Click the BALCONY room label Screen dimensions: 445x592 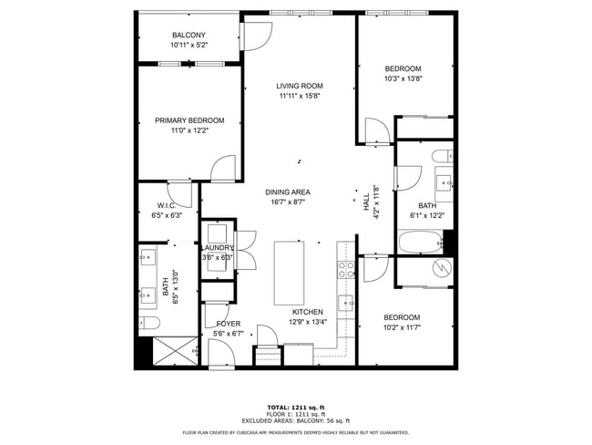[188, 35]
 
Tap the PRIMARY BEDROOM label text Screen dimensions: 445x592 [189, 120]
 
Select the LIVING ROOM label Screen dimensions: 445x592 [300, 87]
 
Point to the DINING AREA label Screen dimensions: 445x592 [288, 191]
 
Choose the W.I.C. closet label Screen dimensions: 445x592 [167, 206]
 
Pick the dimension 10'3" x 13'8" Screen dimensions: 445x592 [402, 78]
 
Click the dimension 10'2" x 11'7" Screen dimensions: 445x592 [402, 326]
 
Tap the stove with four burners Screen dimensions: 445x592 [346, 269]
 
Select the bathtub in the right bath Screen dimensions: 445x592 [420, 243]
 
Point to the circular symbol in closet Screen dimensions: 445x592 [442, 269]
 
